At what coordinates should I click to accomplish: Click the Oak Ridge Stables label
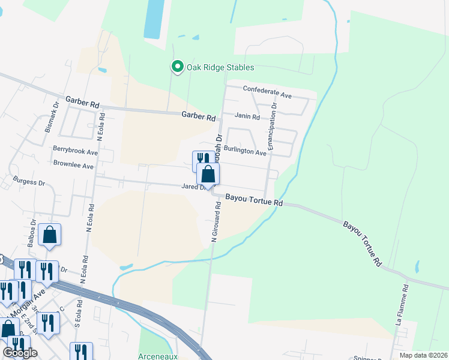pyautogui.click(x=220, y=68)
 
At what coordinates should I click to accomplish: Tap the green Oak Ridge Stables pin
pyautogui.click(x=177, y=67)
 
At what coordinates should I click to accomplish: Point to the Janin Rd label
pyautogui.click(x=247, y=117)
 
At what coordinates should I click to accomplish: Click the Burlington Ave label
pyautogui.click(x=245, y=152)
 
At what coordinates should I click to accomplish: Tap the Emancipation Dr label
pyautogui.click(x=271, y=127)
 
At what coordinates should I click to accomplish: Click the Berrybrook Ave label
pyautogui.click(x=75, y=152)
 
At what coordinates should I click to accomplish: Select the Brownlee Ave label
pyautogui.click(x=73, y=165)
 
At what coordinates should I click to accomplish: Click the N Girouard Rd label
pyautogui.click(x=217, y=223)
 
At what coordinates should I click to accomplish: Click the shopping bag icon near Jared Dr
pyautogui.click(x=208, y=174)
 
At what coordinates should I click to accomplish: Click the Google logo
pyautogui.click(x=20, y=353)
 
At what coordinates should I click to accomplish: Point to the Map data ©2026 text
pyautogui.click(x=423, y=355)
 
